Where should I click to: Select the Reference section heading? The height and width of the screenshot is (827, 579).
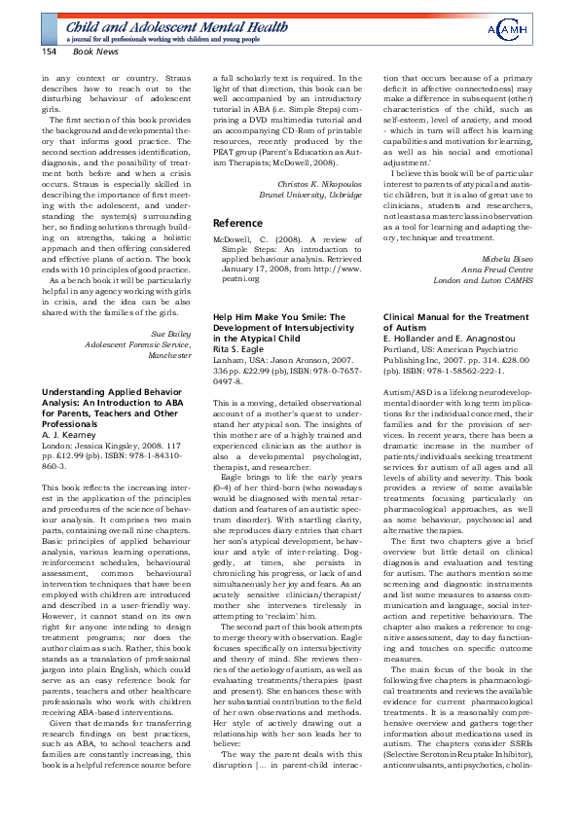238,223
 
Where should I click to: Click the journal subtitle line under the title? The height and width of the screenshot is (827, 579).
163,40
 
